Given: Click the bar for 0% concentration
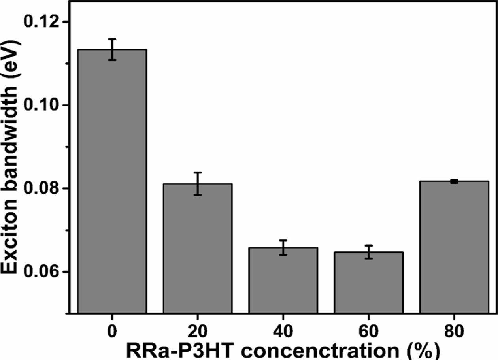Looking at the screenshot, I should [112, 182].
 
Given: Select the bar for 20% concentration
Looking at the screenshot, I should [198, 249].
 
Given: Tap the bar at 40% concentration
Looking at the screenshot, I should [283, 281].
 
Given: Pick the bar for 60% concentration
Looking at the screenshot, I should [368, 283].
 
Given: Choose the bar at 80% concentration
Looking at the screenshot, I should [454, 247].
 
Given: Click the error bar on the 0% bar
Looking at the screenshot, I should [112, 49].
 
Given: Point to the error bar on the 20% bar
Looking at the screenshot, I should [198, 184].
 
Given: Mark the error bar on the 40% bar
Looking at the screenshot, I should [283, 247].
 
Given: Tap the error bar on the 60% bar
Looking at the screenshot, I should [368, 252].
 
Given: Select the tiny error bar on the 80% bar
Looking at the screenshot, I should [454, 181].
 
